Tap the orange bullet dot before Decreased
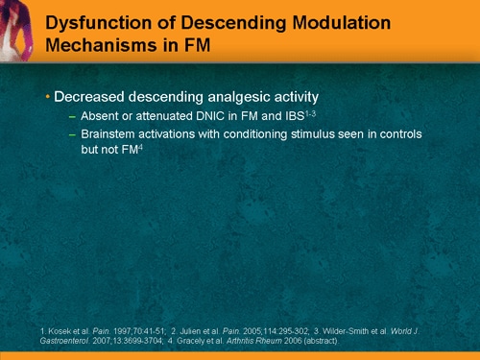coord(48,98)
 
